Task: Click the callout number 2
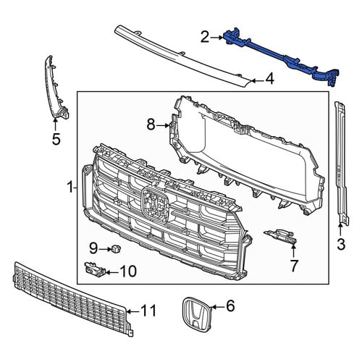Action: coord(205,38)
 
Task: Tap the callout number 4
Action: coord(269,79)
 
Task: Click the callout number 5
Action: coord(56,139)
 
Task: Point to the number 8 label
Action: coord(151,125)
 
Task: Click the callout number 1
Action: coord(70,188)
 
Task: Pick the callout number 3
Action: coord(341,244)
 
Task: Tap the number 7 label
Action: coord(294,266)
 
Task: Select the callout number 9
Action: coord(93,248)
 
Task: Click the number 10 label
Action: coord(128,271)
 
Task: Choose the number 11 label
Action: coord(148,311)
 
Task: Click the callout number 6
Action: coord(230,306)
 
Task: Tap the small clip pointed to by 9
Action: coord(116,248)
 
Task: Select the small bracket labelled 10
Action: coord(95,269)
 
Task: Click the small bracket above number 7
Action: coord(281,236)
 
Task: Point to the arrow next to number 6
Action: coord(218,307)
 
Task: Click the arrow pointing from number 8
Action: coord(163,125)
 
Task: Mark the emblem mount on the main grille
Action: coord(155,203)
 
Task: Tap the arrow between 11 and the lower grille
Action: coord(133,312)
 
